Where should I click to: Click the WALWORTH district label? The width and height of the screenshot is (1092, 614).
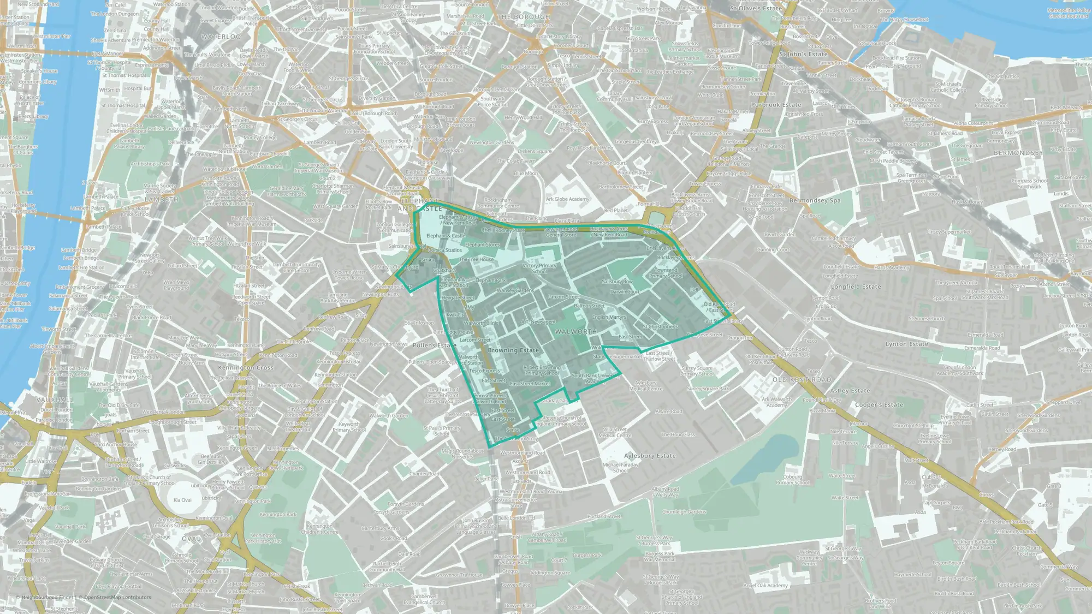[x=575, y=332]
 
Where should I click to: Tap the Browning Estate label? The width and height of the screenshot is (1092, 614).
[x=513, y=350]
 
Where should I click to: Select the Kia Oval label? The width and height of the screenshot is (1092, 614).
[x=182, y=500]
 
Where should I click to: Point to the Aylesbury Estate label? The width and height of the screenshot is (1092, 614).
[x=650, y=456]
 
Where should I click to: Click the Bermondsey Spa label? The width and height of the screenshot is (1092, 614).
[x=815, y=200]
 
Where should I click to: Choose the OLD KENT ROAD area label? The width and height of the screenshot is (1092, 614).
[x=802, y=379]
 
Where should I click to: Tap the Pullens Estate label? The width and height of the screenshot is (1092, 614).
[x=435, y=345]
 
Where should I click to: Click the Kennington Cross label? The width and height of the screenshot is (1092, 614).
[x=246, y=367]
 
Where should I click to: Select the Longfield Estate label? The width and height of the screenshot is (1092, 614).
[x=856, y=287]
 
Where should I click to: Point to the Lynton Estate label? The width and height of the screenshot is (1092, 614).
[x=906, y=344]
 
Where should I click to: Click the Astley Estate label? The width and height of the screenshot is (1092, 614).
[x=850, y=391]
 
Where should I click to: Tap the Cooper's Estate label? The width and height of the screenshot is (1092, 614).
[x=879, y=405]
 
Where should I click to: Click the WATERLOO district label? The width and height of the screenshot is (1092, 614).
[x=221, y=37]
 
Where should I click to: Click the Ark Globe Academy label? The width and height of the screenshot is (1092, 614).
[x=567, y=199]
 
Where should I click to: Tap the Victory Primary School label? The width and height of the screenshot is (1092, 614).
[x=539, y=269]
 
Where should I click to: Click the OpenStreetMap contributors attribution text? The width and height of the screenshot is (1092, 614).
[x=115, y=597]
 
